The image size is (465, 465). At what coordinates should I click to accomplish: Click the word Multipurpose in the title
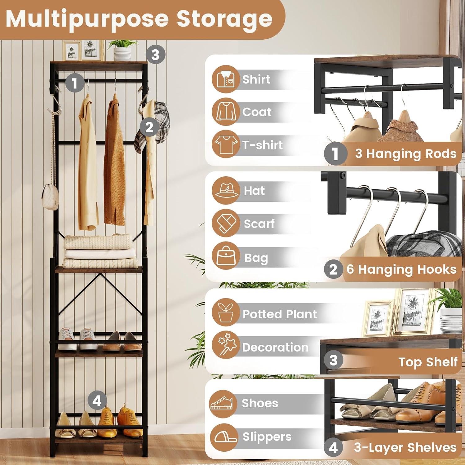[87, 19]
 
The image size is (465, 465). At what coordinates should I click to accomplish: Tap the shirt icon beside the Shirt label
[226, 79]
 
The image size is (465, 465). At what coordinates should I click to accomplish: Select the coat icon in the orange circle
[226, 112]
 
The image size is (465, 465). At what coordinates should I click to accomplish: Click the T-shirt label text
[262, 145]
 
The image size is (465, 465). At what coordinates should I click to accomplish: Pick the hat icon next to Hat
[226, 190]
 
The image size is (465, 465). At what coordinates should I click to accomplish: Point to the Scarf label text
[259, 224]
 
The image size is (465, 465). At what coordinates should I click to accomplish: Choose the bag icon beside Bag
[226, 256]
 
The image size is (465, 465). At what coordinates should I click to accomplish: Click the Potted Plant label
[280, 314]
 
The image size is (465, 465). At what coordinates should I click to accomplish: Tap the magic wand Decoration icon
[226, 345]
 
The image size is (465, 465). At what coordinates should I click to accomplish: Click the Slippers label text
[267, 436]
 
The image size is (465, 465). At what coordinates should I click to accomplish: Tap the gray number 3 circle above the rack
[155, 55]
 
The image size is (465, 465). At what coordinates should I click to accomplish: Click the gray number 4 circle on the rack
[97, 401]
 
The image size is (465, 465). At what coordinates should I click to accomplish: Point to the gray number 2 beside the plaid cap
[149, 127]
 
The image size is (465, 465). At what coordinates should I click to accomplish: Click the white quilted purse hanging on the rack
[50, 196]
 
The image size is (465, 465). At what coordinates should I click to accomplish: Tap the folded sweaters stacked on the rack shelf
[100, 252]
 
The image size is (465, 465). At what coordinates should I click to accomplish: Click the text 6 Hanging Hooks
[401, 269]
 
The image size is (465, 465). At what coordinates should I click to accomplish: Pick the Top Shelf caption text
[427, 362]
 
